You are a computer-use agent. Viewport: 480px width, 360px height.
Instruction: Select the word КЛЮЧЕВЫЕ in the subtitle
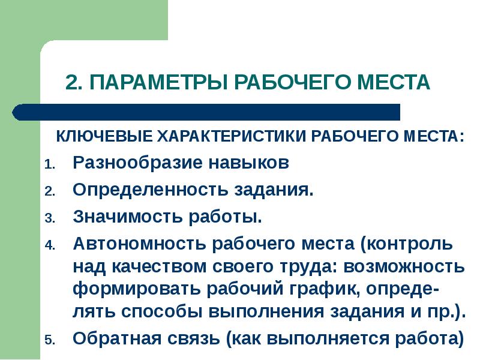(104, 136)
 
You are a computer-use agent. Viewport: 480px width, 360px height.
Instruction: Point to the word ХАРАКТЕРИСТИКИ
(232, 136)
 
